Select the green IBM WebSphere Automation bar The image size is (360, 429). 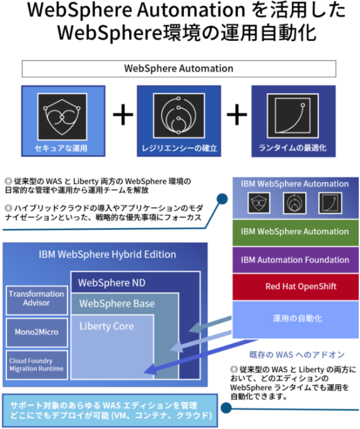point(294,232)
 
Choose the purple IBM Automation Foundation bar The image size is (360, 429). point(294,260)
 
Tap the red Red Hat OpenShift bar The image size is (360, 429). point(294,287)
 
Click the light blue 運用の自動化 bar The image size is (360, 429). point(294,317)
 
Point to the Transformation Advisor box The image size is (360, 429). point(37,299)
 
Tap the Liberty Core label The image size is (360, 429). point(107,326)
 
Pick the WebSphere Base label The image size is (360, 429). point(117,304)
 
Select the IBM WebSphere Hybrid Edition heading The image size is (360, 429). point(108,255)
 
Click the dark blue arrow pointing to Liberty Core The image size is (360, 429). point(189,359)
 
